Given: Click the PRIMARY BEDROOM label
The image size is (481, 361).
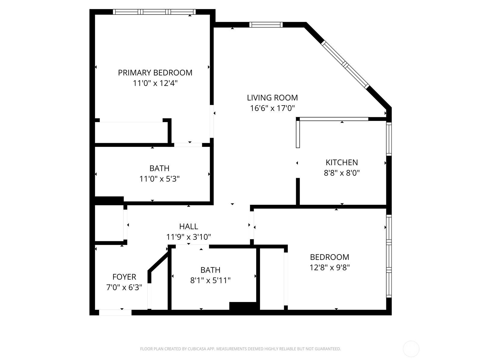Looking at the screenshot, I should click(155, 73).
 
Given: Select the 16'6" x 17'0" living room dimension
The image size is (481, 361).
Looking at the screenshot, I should click(272, 108).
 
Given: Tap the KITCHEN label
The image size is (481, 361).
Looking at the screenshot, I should click(342, 162).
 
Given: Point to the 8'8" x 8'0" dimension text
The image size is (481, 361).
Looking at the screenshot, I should click(342, 173).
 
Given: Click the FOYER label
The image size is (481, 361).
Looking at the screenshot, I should click(124, 277).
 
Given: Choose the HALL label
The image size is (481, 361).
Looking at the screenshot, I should click(188, 226).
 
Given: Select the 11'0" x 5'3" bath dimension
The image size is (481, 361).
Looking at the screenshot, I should click(159, 179).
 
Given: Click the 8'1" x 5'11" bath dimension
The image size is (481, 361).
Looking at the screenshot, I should click(210, 280).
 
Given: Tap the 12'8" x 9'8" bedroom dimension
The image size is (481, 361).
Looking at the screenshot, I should click(330, 267).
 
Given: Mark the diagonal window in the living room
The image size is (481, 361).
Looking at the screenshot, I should click(345, 64).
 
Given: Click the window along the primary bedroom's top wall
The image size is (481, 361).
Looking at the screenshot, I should click(154, 12).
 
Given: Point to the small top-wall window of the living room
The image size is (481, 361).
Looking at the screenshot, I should click(266, 25).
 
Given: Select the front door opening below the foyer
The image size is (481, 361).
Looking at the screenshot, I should click(115, 313).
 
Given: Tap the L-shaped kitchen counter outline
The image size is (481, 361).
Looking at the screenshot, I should click(331, 119).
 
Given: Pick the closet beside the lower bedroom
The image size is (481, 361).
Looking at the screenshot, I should click(272, 278).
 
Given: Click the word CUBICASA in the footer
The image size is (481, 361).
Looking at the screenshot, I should click(197, 349).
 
